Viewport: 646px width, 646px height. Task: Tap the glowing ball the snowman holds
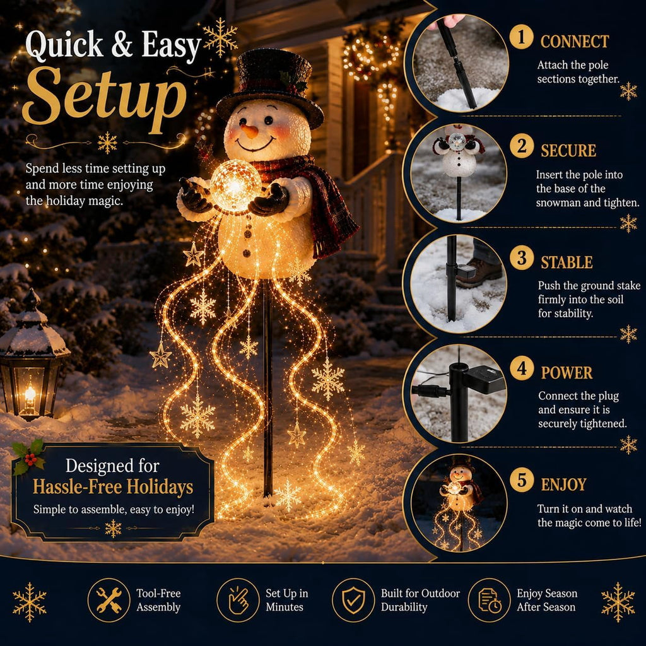click(235, 186)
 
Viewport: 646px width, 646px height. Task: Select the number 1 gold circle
click(521, 37)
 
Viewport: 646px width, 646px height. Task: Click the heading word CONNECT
click(574, 42)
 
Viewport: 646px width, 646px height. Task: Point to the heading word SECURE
click(568, 151)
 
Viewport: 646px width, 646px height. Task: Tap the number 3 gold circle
click(522, 258)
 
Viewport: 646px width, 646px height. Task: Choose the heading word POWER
click(567, 373)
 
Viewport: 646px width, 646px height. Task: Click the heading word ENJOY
click(563, 484)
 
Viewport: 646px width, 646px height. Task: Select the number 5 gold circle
click(522, 480)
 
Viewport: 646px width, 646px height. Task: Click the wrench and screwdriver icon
click(109, 600)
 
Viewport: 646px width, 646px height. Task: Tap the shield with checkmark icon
click(353, 600)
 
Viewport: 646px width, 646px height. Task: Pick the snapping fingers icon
click(238, 600)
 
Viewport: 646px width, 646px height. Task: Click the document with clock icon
click(490, 600)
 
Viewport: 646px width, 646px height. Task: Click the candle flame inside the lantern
click(30, 394)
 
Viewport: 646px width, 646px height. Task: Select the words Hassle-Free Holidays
click(113, 486)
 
